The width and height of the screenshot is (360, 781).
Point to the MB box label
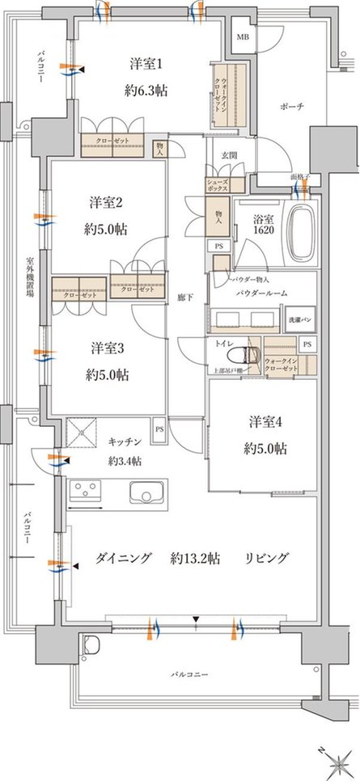[242, 38]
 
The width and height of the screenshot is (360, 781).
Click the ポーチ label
[293, 107]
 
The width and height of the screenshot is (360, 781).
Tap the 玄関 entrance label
[231, 154]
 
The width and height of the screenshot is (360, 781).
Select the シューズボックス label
[220, 184]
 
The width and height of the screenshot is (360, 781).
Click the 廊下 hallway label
[183, 297]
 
